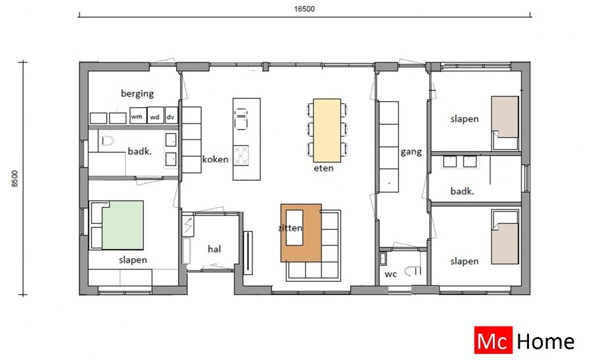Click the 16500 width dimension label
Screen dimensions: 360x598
304,9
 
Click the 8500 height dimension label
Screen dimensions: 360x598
14,179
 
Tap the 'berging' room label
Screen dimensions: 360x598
137,93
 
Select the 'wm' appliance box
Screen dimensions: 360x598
137,116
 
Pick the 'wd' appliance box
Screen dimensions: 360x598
155,116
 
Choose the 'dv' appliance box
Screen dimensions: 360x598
171,116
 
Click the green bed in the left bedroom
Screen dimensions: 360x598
122,225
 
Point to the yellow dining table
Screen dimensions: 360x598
327,130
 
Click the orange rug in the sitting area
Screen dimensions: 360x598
300,233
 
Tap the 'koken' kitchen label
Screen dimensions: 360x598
215,160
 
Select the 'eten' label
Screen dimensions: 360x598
324,168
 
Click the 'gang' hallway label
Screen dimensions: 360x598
411,152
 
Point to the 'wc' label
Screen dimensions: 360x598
390,274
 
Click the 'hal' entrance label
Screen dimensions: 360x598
214,249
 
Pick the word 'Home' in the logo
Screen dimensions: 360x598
545,342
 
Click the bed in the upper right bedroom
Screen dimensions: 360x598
505,118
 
